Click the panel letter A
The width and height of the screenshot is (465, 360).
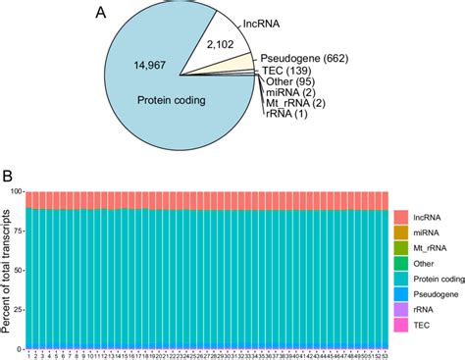click(100, 13)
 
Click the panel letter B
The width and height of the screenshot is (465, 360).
click(8, 178)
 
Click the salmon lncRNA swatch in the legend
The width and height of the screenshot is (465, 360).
click(402, 217)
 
